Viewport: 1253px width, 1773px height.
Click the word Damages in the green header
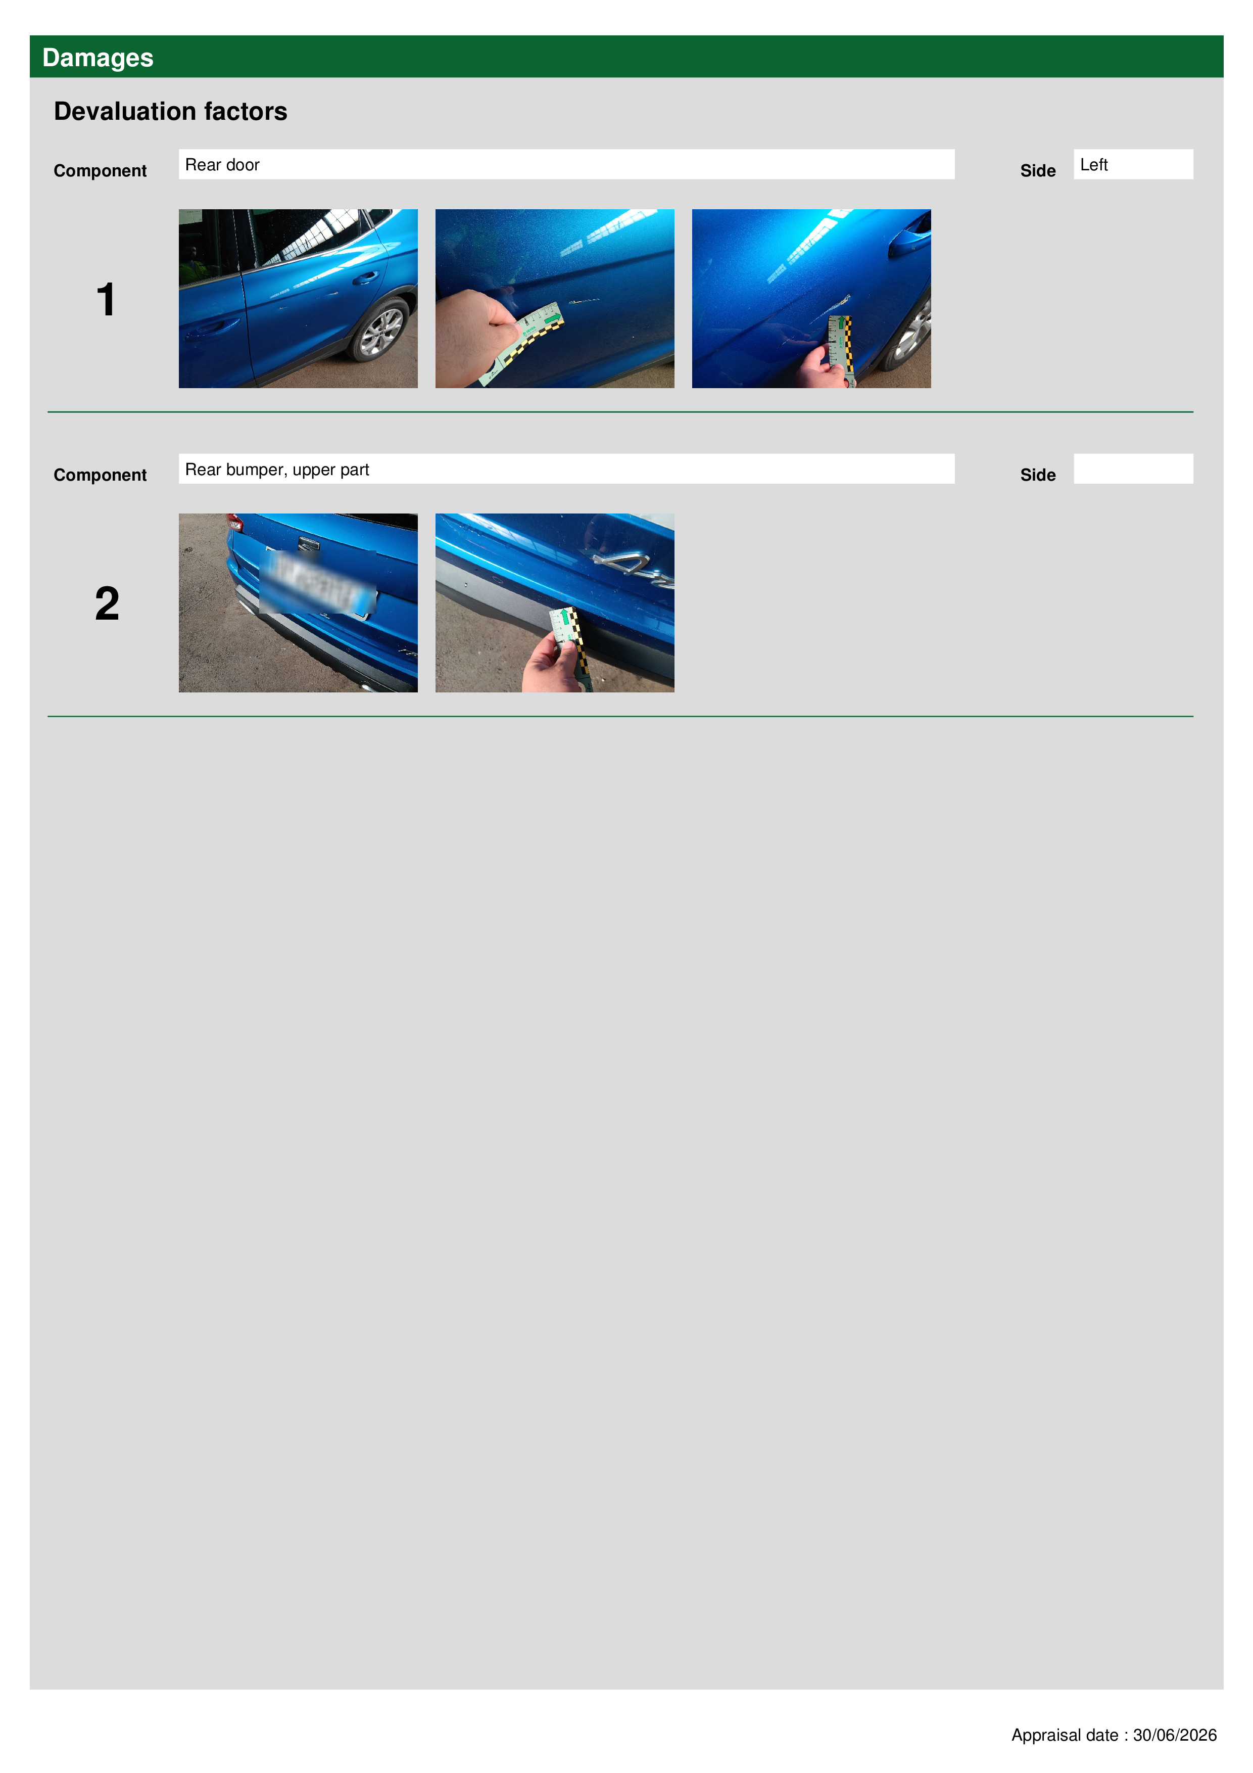pyautogui.click(x=98, y=58)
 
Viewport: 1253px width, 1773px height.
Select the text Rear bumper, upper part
pyautogui.click(x=277, y=470)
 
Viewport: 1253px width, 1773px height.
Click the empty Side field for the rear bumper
pyautogui.click(x=1133, y=469)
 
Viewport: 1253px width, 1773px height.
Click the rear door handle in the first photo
pyautogui.click(x=366, y=277)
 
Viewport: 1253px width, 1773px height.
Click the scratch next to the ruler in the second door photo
pyautogui.click(x=583, y=300)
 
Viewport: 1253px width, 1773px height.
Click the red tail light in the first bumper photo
pyautogui.click(x=235, y=523)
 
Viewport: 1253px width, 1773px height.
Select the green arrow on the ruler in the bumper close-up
pyautogui.click(x=565, y=617)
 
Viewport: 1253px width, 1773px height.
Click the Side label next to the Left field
pyautogui.click(x=1038, y=171)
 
